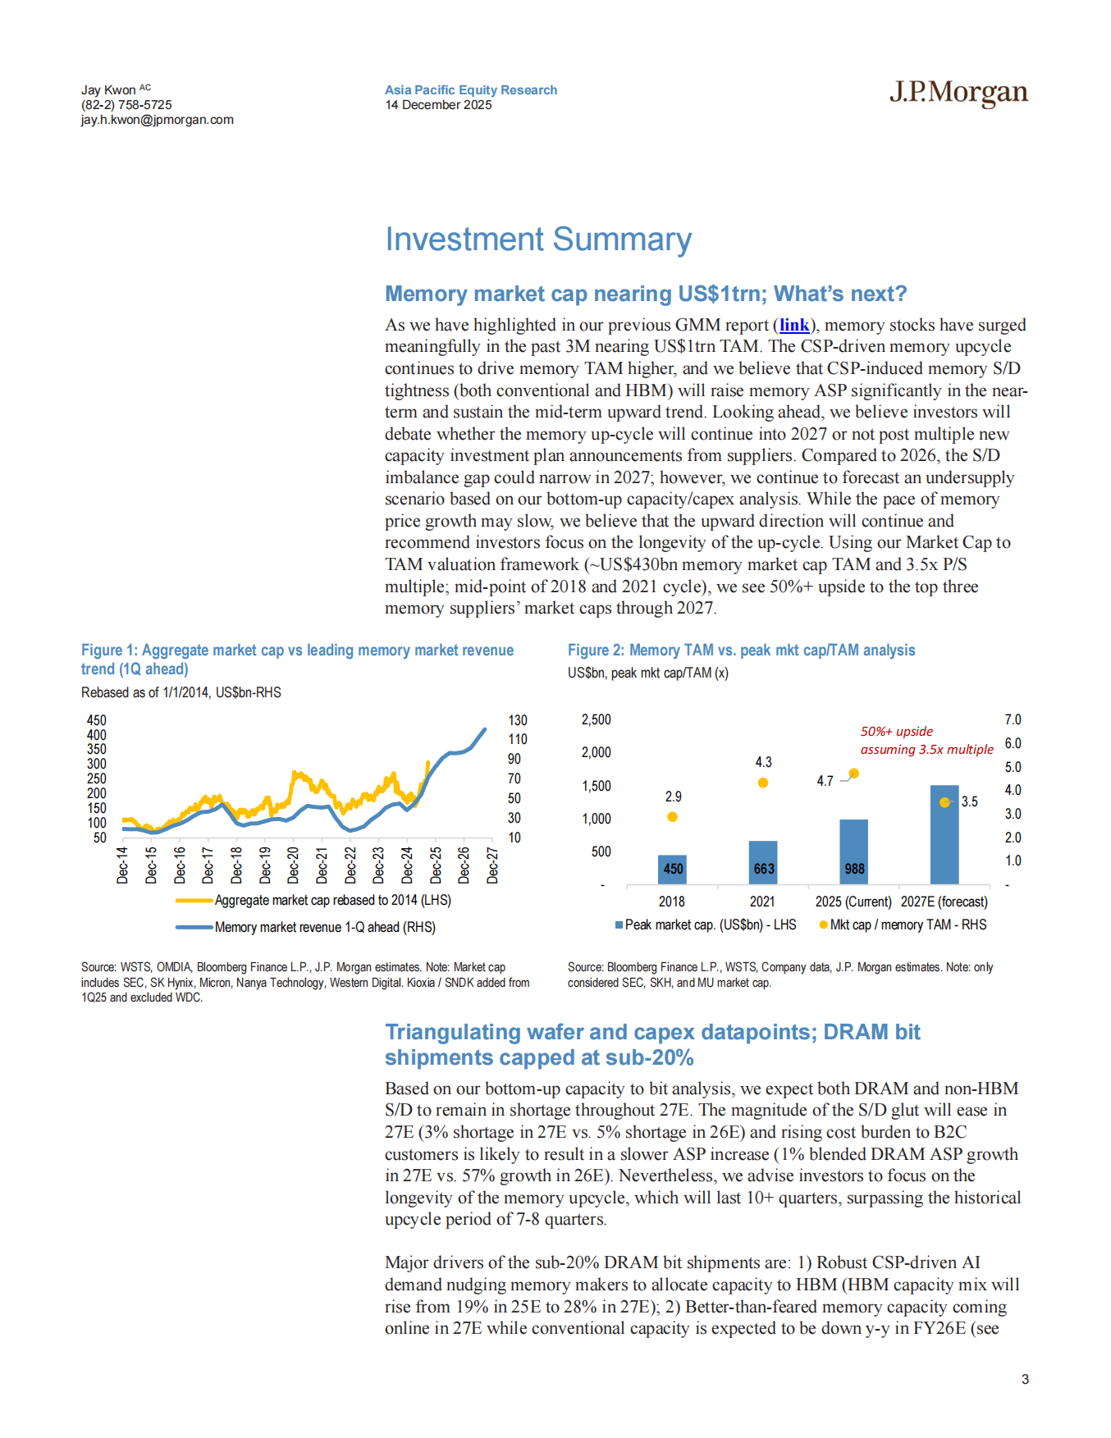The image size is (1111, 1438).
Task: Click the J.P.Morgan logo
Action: pos(958,93)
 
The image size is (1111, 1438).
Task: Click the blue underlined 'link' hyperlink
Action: pos(793,325)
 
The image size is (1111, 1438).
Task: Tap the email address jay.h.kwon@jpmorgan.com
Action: pos(157,120)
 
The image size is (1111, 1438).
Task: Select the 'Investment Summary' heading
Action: pos(538,240)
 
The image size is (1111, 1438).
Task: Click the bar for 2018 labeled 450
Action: pos(673,869)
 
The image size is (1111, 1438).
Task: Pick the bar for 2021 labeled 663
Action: pos(763,862)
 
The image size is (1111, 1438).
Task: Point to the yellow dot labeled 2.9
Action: pos(672,817)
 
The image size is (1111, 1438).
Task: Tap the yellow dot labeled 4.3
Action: pos(763,783)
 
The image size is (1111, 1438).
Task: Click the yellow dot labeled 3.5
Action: pos(944,802)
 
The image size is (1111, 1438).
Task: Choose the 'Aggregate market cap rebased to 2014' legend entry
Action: pos(331,900)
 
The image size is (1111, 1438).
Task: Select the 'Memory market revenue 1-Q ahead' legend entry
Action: pos(324,927)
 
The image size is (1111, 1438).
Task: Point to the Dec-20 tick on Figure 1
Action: pos(294,865)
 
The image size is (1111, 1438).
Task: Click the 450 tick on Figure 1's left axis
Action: pos(97,720)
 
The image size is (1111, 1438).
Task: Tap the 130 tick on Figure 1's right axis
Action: pos(517,720)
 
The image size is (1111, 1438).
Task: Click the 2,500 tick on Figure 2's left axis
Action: pos(596,719)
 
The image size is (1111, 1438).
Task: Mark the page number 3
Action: pos(1025,1379)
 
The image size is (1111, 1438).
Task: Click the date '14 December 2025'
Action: pos(438,105)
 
